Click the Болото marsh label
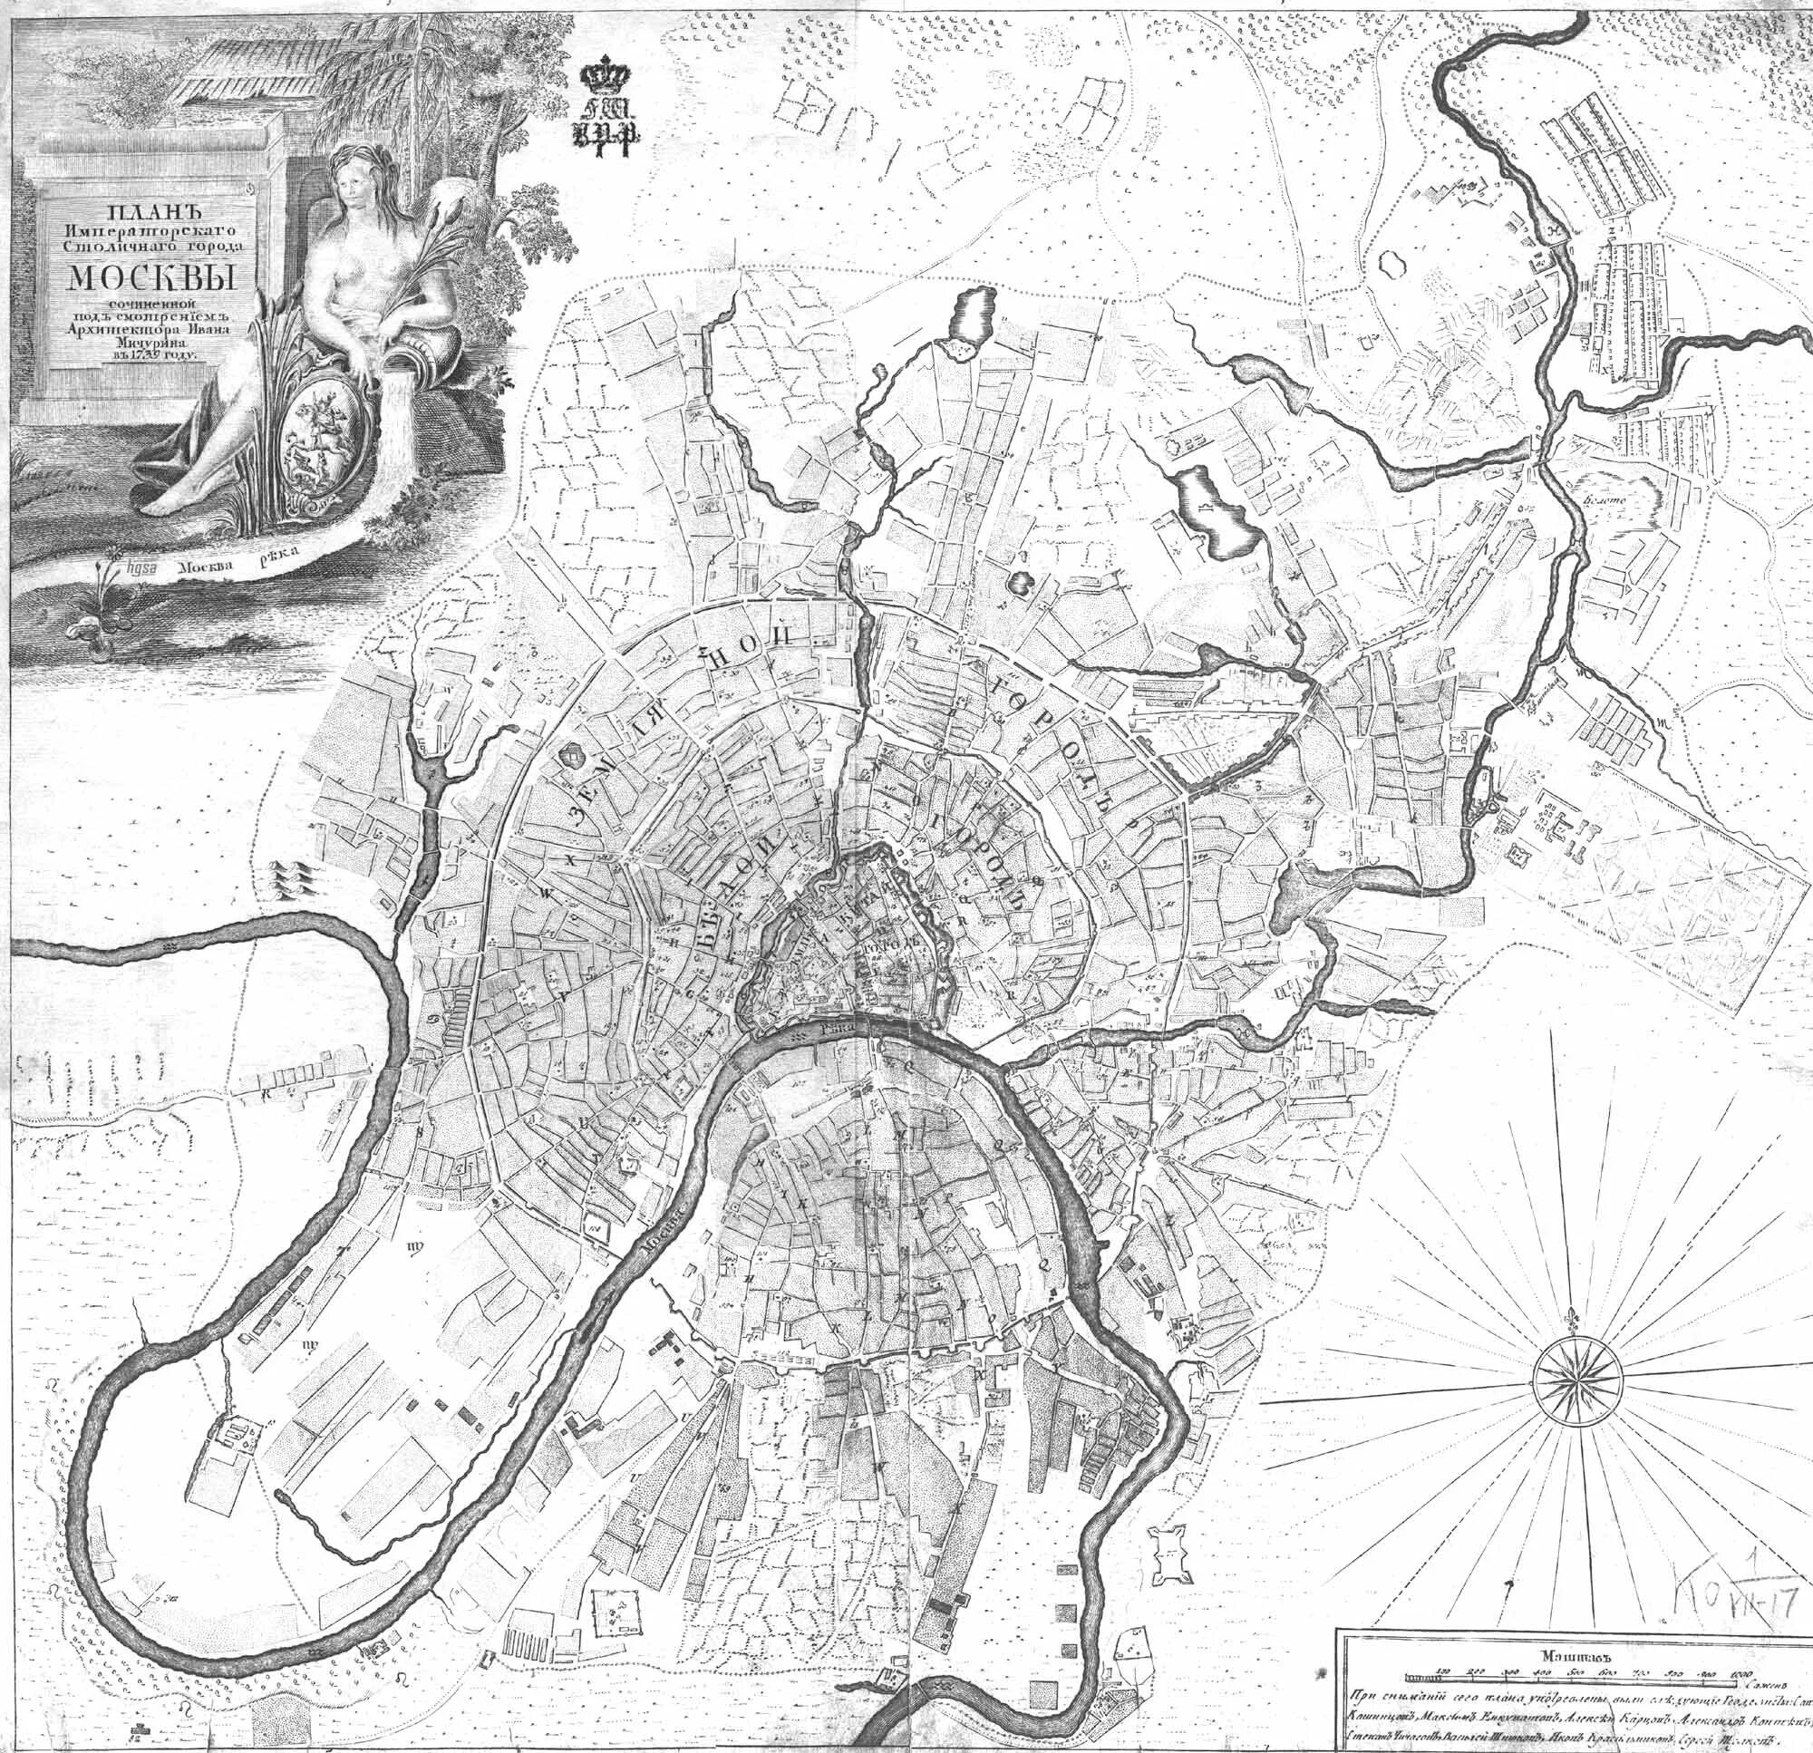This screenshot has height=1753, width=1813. point(1605,500)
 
